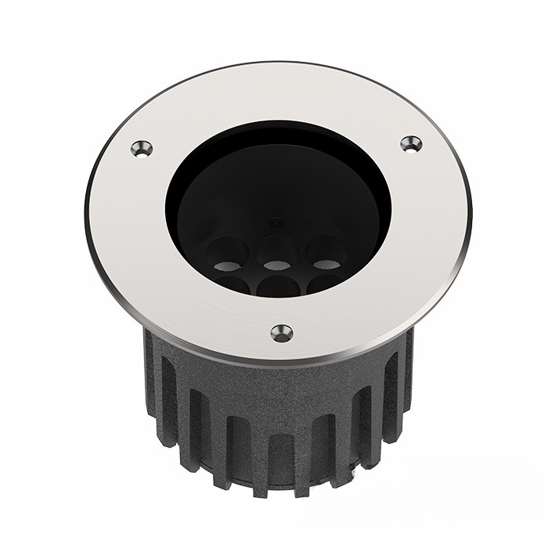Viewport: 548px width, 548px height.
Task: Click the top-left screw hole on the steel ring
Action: pyautogui.click(x=142, y=148)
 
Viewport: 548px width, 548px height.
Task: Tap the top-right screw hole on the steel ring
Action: pyautogui.click(x=411, y=143)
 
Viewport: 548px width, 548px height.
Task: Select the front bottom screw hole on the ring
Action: pyautogui.click(x=282, y=333)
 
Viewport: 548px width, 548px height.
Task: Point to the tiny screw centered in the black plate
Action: pyautogui.click(x=274, y=222)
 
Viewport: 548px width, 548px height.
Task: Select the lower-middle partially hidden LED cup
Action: pyautogui.click(x=279, y=287)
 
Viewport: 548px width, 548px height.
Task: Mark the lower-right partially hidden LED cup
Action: pyautogui.click(x=324, y=283)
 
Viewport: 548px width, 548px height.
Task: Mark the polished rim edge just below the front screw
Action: pyautogui.click(x=282, y=362)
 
